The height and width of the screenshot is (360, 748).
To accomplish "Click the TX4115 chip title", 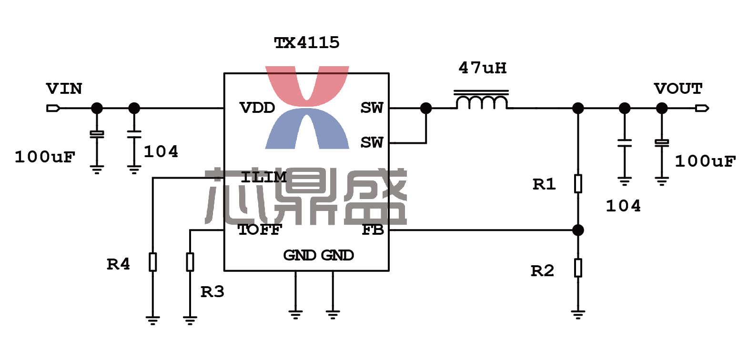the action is tap(306, 43).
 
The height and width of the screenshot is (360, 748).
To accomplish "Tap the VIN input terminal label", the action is tap(64, 89).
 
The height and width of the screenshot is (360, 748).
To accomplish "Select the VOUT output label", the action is tap(678, 89).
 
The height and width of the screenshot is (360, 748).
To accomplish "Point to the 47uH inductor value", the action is tap(483, 68).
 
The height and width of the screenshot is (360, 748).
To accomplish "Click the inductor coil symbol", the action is tap(481, 100).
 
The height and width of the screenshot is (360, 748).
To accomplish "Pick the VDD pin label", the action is tap(257, 108).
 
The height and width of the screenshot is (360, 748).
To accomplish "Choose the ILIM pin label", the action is tap(263, 177).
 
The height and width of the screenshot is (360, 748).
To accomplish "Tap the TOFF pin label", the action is tap(260, 230).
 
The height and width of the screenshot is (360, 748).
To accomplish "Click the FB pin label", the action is tap(373, 230).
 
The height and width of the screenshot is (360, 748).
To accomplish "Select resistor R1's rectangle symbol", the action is tap(578, 183).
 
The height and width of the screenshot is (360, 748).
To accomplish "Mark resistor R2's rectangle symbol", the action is tap(578, 268).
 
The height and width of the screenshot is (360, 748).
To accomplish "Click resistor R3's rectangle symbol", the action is tap(190, 262).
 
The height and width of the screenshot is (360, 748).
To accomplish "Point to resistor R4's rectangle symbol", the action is tap(152, 262).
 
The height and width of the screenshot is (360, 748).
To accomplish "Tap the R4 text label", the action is tap(118, 264).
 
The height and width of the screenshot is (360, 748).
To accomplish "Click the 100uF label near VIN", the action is tap(45, 157).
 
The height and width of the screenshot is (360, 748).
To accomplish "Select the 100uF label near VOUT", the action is tap(705, 161).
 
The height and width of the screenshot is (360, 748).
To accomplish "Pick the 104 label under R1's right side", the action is tap(623, 206).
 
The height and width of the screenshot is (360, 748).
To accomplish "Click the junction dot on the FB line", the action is tap(578, 230).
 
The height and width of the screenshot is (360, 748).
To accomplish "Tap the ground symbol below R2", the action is tap(578, 315).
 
